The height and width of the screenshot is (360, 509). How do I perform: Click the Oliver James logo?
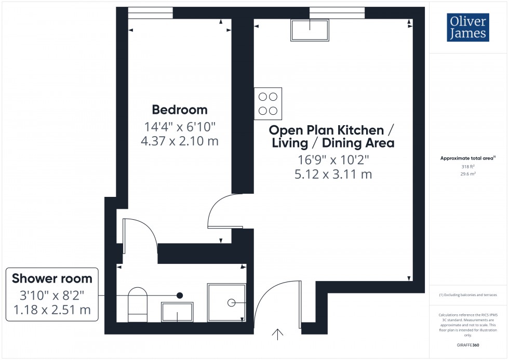point(467,28)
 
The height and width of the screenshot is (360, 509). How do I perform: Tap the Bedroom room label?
point(179,110)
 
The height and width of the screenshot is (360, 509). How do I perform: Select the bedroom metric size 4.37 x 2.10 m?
point(179,140)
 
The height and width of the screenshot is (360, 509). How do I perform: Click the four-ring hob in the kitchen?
point(268,103)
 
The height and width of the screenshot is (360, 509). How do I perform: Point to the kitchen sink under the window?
point(310,30)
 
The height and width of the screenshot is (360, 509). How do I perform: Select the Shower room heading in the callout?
point(52,278)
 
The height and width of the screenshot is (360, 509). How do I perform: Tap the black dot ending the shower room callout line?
point(180,295)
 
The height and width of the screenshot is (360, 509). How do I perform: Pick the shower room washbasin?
point(178,312)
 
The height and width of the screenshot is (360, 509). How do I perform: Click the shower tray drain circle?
point(231,302)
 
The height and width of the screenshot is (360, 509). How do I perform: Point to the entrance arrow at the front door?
point(278,334)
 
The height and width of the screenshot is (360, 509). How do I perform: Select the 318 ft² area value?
point(468,167)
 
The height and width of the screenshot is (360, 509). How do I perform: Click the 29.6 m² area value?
point(468,175)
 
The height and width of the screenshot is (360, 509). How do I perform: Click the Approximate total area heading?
point(467,158)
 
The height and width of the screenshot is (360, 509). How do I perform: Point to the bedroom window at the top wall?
point(151,14)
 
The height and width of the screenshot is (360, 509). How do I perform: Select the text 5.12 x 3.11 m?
point(333,175)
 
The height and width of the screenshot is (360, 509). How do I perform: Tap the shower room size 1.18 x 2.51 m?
point(52,310)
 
